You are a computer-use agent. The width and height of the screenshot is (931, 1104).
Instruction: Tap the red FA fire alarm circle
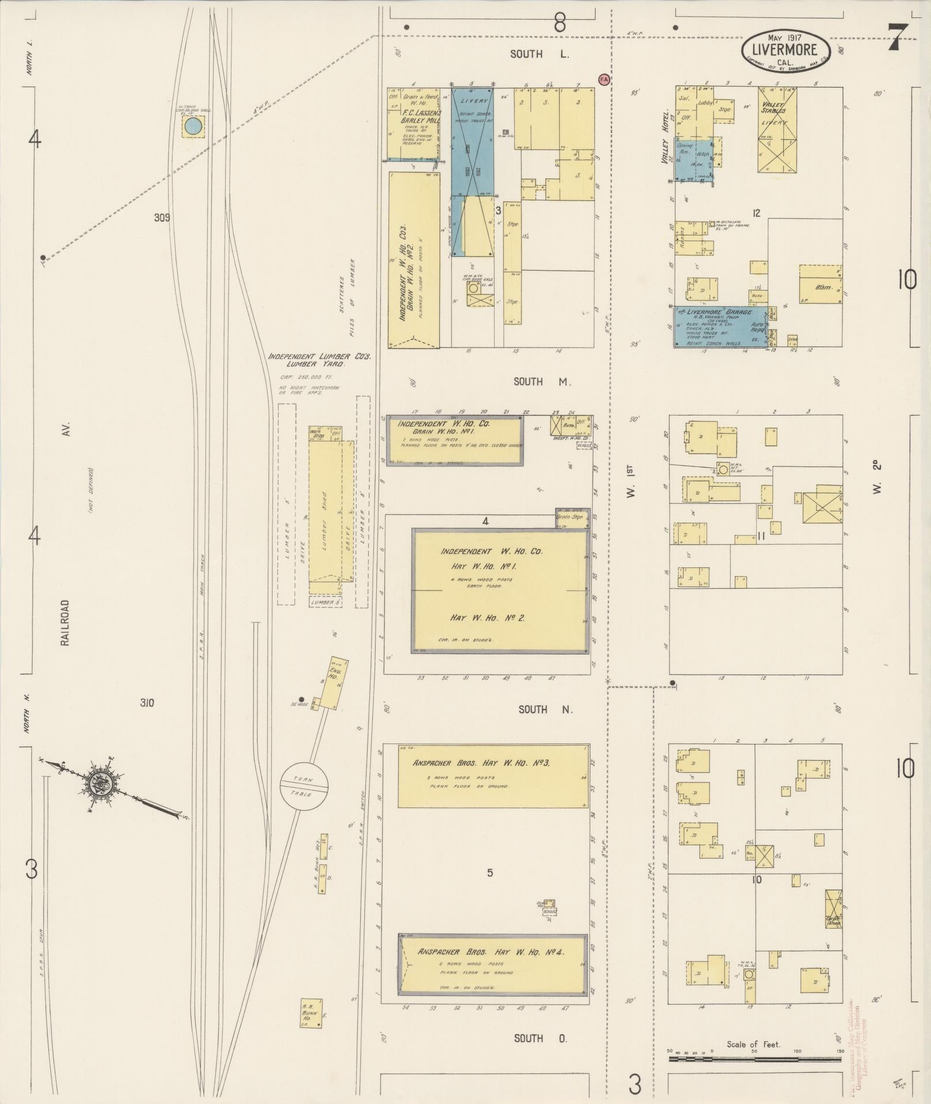point(604,79)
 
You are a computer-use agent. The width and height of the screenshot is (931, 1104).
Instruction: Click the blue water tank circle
point(195,125)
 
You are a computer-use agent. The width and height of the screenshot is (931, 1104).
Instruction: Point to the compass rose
point(107,784)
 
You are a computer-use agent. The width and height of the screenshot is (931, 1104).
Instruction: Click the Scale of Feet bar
point(754,1060)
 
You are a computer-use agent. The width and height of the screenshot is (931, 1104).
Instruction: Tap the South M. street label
point(541,381)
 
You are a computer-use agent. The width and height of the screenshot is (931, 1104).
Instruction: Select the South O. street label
point(540,1038)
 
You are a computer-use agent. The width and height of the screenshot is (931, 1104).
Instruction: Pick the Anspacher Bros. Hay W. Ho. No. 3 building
point(493,776)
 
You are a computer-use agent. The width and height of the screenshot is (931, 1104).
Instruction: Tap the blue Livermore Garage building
point(719,327)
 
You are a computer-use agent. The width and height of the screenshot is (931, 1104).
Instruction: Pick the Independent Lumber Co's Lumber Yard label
point(319,360)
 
